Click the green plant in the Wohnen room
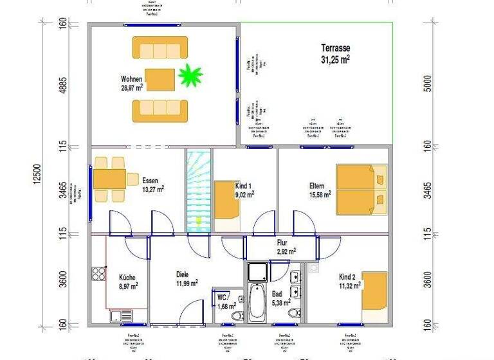pyautogui.click(x=190, y=77)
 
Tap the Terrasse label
pyautogui.click(x=336, y=48)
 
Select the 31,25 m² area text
pyautogui.click(x=336, y=60)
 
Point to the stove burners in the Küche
pyautogui.click(x=98, y=274)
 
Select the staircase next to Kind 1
pyautogui.click(x=198, y=190)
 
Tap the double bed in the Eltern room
pyautogui.click(x=362, y=189)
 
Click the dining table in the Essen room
pyautogui.click(x=109, y=179)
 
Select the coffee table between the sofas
pyautogui.click(x=160, y=79)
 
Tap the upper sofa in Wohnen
pyautogui.click(x=160, y=48)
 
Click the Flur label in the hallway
pyautogui.click(x=282, y=243)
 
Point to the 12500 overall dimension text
pyautogui.click(x=37, y=174)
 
